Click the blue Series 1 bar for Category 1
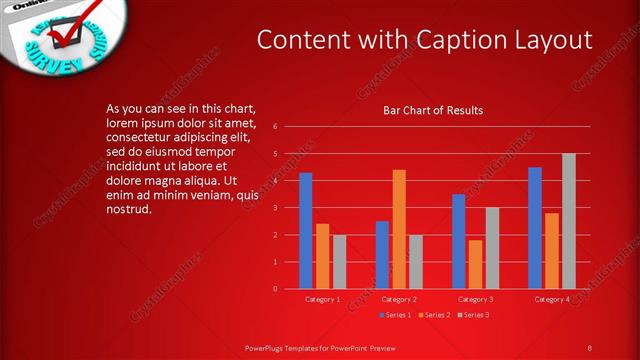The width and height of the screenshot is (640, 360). (x=305, y=231)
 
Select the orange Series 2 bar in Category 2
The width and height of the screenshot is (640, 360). (x=399, y=229)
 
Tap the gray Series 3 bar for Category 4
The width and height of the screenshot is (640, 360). (x=568, y=221)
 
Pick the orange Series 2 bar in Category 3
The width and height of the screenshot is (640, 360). (x=475, y=264)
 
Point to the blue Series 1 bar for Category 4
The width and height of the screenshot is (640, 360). (x=535, y=228)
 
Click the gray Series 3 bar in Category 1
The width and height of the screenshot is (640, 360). (x=339, y=262)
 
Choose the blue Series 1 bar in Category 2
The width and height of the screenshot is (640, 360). (x=382, y=255)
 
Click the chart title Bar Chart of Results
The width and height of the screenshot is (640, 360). (x=433, y=110)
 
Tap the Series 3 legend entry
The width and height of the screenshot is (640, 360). (x=474, y=315)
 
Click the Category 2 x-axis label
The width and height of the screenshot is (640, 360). (x=399, y=299)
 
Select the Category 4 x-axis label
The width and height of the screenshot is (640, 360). (x=552, y=299)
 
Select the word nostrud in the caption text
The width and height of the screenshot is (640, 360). (x=128, y=209)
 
